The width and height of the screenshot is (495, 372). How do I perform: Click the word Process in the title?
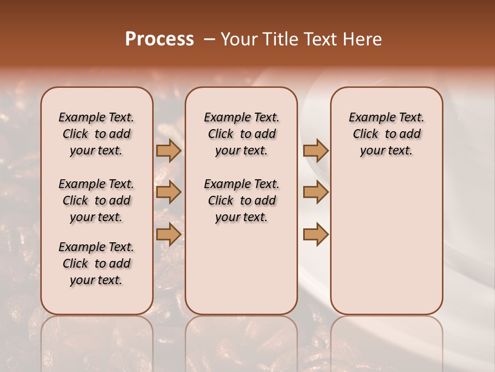[159, 39]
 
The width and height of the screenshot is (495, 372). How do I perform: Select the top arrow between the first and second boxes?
[168, 150]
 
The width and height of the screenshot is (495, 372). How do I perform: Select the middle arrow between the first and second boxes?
[168, 192]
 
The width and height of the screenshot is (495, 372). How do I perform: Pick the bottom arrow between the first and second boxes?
[168, 234]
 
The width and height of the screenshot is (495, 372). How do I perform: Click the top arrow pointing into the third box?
[316, 150]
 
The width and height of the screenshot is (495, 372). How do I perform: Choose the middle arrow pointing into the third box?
[316, 192]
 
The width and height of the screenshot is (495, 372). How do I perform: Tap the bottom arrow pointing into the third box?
[316, 234]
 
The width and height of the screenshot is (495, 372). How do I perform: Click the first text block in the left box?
[96, 134]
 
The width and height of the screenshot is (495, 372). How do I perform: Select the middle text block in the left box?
[96, 200]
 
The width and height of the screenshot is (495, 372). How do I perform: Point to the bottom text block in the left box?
[96, 263]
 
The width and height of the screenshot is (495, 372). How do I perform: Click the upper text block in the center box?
[241, 134]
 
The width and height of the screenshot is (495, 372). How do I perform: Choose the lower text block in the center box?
[241, 200]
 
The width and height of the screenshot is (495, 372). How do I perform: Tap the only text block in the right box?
[386, 134]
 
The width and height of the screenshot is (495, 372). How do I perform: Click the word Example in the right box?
[370, 118]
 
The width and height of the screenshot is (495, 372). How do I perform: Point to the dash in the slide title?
[209, 39]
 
